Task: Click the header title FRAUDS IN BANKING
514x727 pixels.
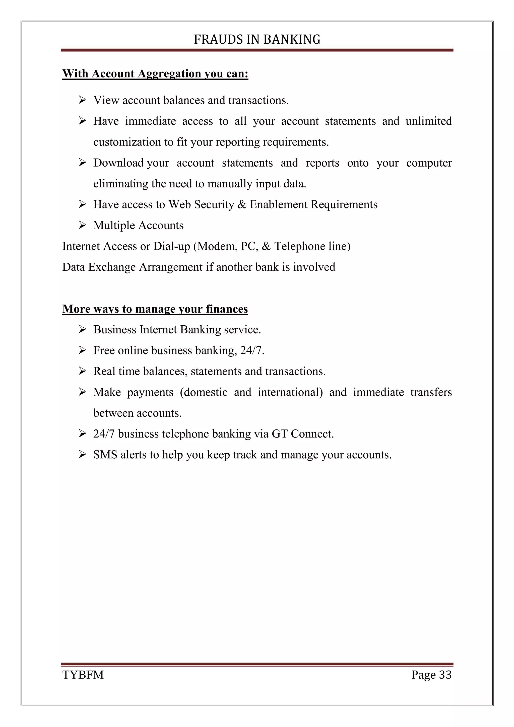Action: tap(257, 40)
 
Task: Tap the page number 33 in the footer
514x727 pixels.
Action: tap(445, 675)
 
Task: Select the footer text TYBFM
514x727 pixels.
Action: tap(83, 675)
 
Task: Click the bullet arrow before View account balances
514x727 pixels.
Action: tap(82, 100)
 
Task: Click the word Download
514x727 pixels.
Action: tap(118, 163)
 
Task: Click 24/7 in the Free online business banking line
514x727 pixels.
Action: tap(252, 350)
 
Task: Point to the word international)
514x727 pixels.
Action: tap(290, 392)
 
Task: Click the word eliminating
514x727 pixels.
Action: tap(121, 184)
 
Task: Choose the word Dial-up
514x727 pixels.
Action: tap(171, 246)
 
